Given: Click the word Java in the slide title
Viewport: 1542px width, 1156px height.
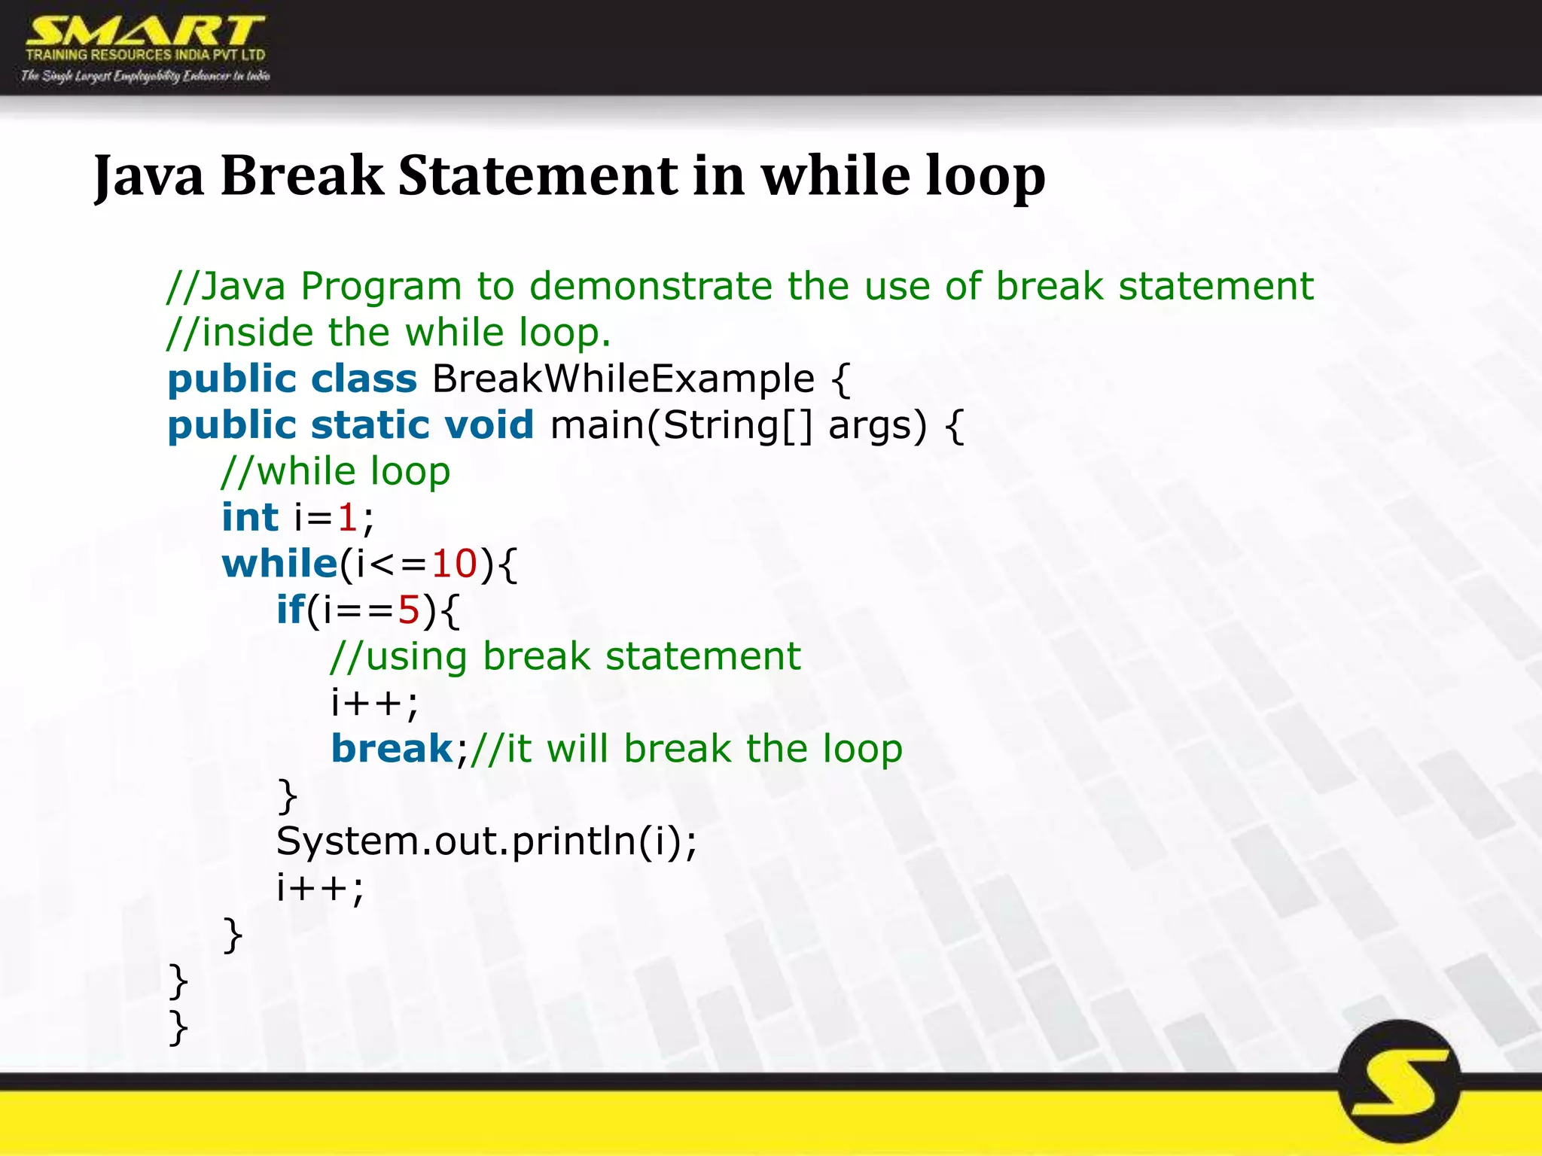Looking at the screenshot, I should coord(149,176).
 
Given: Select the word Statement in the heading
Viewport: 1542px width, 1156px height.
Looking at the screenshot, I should coord(538,176).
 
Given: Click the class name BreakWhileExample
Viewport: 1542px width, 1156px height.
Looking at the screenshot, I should coord(623,379).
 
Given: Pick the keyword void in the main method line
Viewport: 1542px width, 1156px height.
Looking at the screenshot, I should coord(489,425).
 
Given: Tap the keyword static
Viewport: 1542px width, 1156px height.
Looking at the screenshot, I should coord(368,425).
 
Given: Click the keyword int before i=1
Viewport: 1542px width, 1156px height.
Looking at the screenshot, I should coord(249,518).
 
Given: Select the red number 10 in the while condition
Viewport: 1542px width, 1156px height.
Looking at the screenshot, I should coord(454,564).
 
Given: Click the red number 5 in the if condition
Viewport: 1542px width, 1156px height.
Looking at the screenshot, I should coord(408,610).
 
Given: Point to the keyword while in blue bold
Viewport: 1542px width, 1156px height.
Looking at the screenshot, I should coord(279,564).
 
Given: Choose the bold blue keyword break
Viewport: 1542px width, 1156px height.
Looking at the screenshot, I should coord(392,749).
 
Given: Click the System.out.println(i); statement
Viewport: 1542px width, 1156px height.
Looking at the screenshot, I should coord(486,841).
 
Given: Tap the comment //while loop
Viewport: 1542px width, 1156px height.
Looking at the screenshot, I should coord(336,472).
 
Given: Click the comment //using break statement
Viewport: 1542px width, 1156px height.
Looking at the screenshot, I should coord(565,656).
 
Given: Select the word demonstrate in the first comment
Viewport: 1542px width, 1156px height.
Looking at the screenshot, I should coord(651,287).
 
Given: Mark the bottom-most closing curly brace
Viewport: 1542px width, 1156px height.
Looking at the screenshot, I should coord(178,1028).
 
